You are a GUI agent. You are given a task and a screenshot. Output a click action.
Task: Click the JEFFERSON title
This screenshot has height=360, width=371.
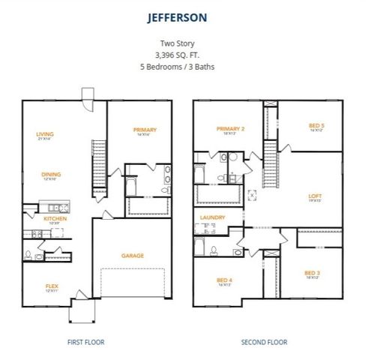coord(185,15)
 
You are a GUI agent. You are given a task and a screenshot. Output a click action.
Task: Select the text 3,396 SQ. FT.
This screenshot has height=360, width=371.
coord(185,55)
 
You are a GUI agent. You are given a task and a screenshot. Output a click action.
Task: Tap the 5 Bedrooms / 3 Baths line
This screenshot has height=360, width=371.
coord(185,67)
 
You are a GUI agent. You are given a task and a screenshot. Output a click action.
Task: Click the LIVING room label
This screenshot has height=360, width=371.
coord(45,135)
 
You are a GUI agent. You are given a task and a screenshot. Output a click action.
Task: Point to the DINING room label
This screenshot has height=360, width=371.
coord(51,174)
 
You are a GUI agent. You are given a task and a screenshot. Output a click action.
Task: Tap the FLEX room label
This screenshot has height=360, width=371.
coord(52,285)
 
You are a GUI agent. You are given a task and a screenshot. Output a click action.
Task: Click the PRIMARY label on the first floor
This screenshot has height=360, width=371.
coord(145,129)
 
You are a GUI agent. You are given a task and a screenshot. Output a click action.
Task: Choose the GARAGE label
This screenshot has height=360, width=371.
coord(133,255)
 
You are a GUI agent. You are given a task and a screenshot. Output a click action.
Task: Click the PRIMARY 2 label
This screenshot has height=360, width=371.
coord(231,129)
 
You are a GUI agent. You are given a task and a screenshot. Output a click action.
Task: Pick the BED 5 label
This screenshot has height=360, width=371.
coord(317,125)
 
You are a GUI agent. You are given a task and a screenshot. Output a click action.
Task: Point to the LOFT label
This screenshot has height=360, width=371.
coord(316,196)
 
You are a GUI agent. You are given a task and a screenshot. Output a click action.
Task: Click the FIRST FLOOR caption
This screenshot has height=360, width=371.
coord(85,342)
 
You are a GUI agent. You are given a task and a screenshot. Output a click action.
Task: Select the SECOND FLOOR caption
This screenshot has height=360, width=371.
coord(265,342)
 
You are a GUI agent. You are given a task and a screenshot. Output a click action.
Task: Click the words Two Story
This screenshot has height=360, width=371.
coord(185,43)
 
